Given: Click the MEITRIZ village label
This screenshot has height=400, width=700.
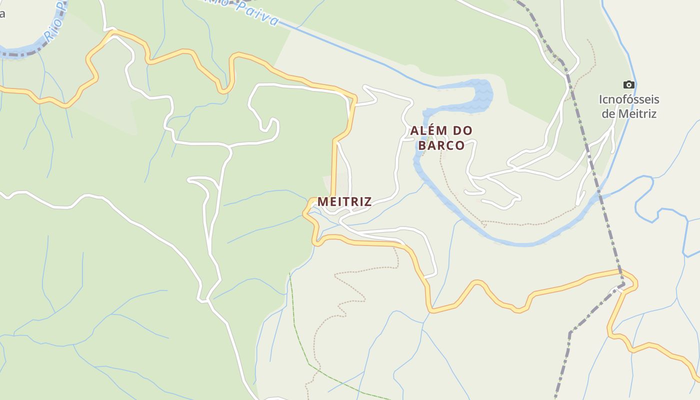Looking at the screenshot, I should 344,201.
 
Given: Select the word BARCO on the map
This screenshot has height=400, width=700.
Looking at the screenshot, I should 441,145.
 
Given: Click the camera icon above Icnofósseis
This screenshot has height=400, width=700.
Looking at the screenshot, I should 629,84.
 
